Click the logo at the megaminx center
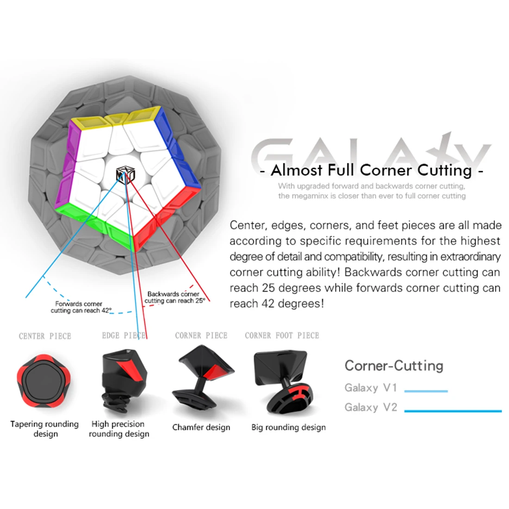(124, 176)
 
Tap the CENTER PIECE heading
(45, 336)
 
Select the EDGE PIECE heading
(124, 335)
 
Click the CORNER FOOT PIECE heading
(282, 335)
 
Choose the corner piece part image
(203, 379)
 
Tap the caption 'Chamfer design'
(201, 427)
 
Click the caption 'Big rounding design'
(288, 427)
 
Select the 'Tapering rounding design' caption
(45, 429)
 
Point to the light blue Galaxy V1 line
(426, 391)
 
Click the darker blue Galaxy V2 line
(453, 410)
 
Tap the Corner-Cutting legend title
(394, 366)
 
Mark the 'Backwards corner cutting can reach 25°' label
(174, 297)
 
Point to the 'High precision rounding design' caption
(119, 429)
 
